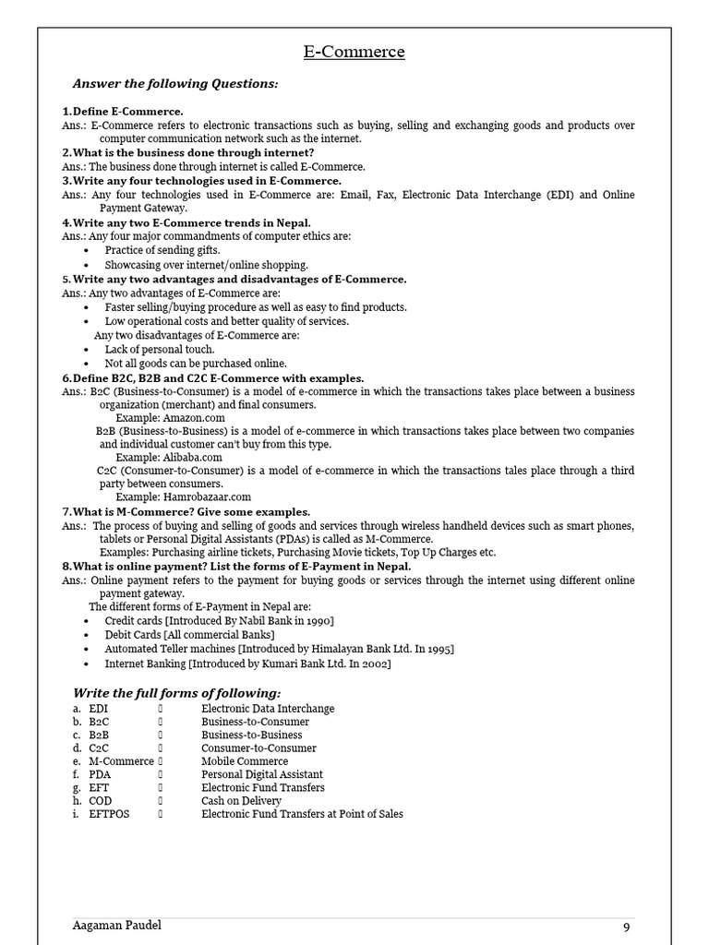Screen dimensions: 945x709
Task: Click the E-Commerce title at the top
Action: [x=354, y=52]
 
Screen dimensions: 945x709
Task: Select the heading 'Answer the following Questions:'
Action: [x=175, y=84]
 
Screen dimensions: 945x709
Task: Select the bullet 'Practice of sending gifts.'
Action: [x=162, y=250]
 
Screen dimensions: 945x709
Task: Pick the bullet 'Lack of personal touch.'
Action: [x=160, y=350]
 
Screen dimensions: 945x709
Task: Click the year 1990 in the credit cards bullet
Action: [x=317, y=621]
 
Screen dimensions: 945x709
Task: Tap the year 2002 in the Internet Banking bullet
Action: [x=374, y=664]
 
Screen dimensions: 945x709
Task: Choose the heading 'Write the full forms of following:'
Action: [x=176, y=693]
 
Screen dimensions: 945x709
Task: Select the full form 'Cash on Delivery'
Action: [x=241, y=801]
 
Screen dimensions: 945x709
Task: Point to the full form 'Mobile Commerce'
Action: [x=245, y=761]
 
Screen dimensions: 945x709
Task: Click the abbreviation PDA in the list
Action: [x=100, y=774]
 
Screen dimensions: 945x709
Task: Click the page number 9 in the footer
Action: [x=626, y=927]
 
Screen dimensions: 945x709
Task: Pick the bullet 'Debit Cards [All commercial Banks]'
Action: [x=189, y=635]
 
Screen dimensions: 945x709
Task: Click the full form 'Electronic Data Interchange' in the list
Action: [x=268, y=708]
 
